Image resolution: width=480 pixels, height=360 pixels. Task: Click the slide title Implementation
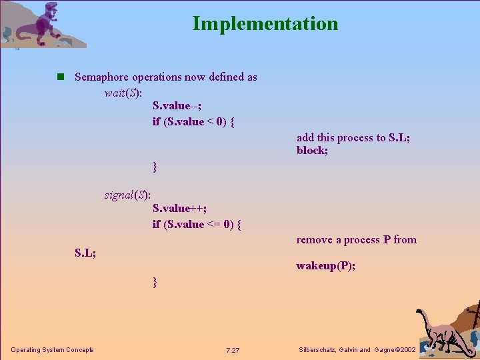pyautogui.click(x=265, y=23)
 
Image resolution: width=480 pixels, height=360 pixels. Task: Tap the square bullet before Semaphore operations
pyautogui.click(x=61, y=77)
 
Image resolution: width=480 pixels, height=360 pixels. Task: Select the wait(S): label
pyautogui.click(x=123, y=93)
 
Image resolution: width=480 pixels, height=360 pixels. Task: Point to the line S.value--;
pyautogui.click(x=177, y=106)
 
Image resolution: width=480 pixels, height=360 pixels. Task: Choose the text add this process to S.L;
pyautogui.click(x=353, y=137)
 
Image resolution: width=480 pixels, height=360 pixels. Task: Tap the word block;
pyautogui.click(x=313, y=151)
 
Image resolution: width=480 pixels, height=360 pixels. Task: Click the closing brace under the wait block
pyautogui.click(x=155, y=166)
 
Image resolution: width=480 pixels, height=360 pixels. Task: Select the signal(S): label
pyautogui.click(x=127, y=195)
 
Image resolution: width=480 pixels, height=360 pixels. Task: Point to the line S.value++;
pyautogui.click(x=179, y=209)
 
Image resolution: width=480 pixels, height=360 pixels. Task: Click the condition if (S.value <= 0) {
pyautogui.click(x=197, y=224)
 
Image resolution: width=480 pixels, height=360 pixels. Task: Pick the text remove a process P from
pyautogui.click(x=356, y=239)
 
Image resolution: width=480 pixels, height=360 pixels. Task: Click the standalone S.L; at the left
pyautogui.click(x=85, y=253)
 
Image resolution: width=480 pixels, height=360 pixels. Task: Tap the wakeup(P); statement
pyautogui.click(x=325, y=266)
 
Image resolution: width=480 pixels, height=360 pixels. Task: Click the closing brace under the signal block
pyautogui.click(x=155, y=282)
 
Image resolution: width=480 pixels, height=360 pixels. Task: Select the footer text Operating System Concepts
pyautogui.click(x=52, y=350)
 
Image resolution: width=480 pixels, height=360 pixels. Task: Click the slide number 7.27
pyautogui.click(x=233, y=351)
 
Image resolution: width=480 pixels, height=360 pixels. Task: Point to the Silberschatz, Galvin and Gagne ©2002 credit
pyautogui.click(x=358, y=350)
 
